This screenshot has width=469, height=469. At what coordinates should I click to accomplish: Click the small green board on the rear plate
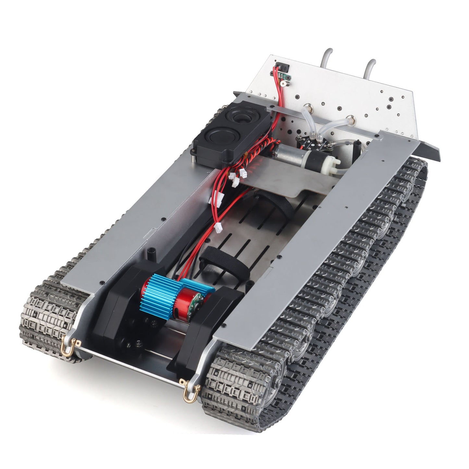tap(286, 76)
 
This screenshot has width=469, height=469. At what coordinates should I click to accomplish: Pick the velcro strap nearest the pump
tap(271, 203)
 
